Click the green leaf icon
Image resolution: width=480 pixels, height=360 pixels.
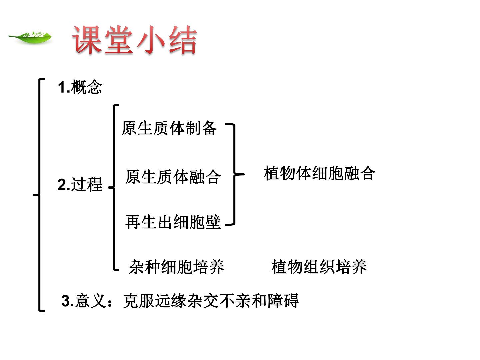[x=30, y=37]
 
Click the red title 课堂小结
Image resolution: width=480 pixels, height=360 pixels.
[x=135, y=40]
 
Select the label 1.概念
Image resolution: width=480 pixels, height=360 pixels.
[x=80, y=87]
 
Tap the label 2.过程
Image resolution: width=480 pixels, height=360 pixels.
[x=80, y=184]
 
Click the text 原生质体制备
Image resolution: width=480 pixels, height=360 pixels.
[x=169, y=128]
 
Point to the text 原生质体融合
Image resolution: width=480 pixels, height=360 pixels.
[x=173, y=177]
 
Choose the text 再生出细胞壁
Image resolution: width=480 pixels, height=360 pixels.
[x=173, y=222]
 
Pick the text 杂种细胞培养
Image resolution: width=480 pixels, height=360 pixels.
[x=176, y=267]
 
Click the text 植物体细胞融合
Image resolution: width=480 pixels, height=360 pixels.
[x=319, y=173]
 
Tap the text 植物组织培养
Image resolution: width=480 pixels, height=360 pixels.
[x=319, y=267]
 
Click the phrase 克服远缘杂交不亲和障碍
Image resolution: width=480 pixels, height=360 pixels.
[x=211, y=301]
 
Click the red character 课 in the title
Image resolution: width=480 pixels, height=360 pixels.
[x=87, y=40]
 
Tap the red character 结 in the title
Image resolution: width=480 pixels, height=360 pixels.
[x=183, y=40]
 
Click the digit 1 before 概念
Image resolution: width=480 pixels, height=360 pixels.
[x=62, y=87]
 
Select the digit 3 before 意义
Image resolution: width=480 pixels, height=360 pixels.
[x=66, y=301]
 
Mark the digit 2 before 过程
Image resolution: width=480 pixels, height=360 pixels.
[x=62, y=184]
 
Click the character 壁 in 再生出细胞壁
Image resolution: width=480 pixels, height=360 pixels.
[x=213, y=222]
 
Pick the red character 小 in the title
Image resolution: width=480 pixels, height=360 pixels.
[x=151, y=40]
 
